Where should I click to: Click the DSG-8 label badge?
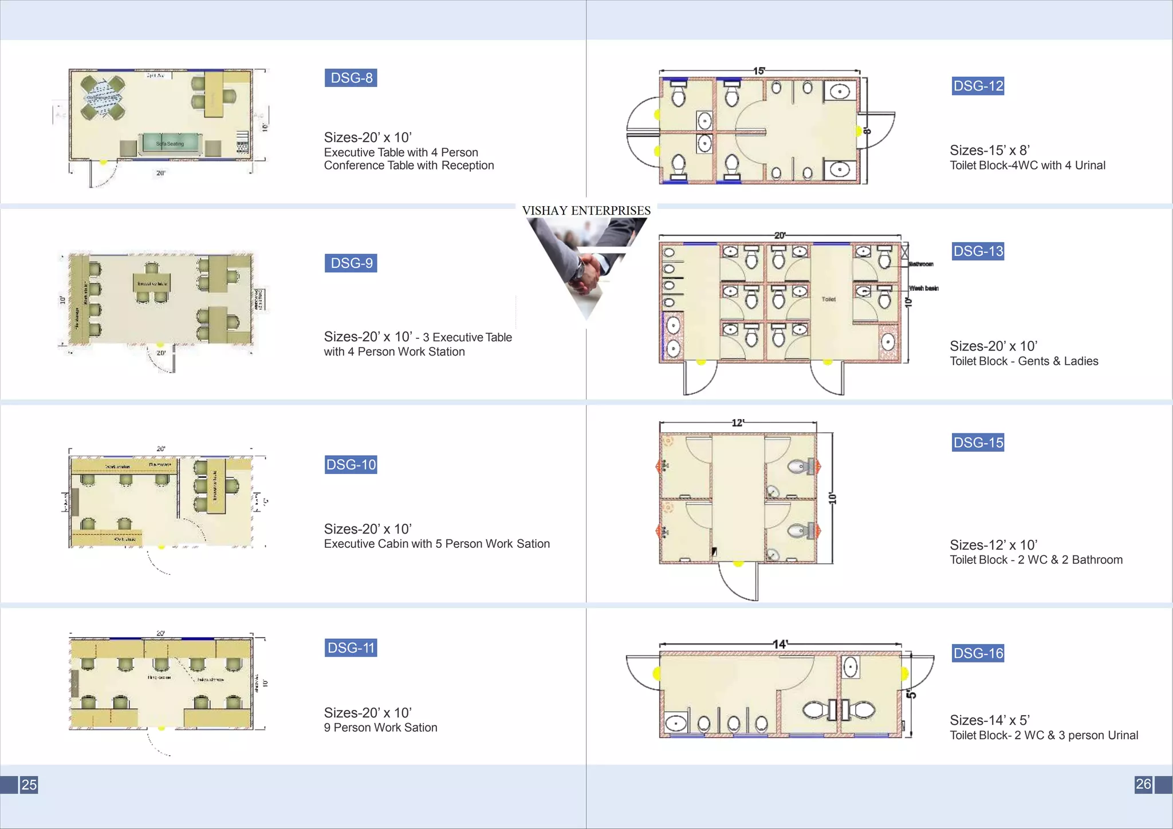click(351, 78)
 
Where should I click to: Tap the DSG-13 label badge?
click(978, 251)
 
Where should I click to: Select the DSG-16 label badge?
click(978, 653)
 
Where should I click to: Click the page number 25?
click(29, 784)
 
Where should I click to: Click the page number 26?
click(1143, 784)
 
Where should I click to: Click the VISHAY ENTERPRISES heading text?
click(586, 211)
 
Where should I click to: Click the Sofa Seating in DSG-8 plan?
click(171, 143)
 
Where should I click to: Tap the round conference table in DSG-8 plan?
click(103, 97)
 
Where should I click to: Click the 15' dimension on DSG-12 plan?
click(759, 71)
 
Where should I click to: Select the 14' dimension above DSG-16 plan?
click(780, 644)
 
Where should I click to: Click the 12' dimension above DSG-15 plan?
click(738, 423)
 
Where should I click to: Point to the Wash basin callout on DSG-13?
click(923, 288)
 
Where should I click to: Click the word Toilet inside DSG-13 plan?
click(828, 299)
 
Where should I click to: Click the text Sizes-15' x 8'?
click(989, 151)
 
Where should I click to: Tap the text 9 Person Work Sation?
click(380, 728)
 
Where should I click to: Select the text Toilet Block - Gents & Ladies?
click(1024, 361)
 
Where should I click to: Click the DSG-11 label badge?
click(351, 648)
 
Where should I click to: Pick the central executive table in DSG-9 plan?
click(152, 283)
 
